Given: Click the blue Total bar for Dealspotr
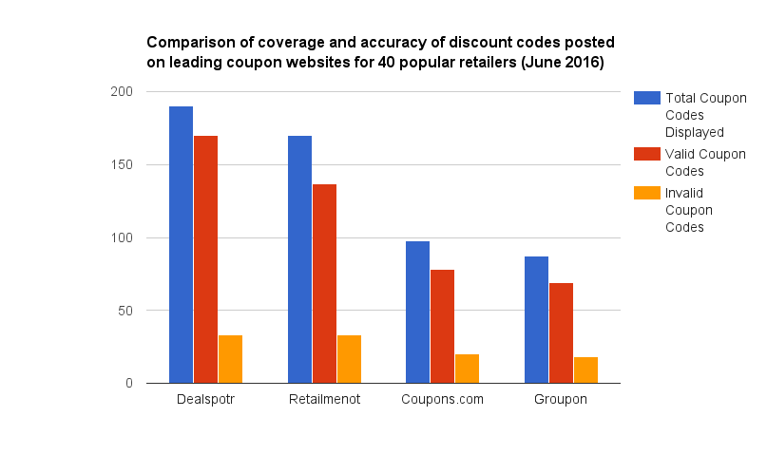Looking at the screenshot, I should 181,245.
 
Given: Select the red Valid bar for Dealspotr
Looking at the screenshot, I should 205,259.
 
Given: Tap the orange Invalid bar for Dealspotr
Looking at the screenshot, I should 230,359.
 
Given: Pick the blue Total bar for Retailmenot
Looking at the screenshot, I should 299,259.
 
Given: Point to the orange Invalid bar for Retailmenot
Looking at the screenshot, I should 349,359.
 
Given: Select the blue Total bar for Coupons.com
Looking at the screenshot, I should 417,313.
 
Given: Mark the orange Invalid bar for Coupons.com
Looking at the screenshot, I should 467,369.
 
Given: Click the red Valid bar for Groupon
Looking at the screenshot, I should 561,333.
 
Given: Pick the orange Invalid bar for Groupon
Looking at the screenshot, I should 585,370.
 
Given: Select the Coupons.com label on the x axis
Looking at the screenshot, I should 442,400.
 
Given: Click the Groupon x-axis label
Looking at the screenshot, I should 561,400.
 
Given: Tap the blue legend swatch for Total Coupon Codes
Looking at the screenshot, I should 646,98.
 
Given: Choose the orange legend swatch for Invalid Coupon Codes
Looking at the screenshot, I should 646,193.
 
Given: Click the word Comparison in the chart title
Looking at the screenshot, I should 189,44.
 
